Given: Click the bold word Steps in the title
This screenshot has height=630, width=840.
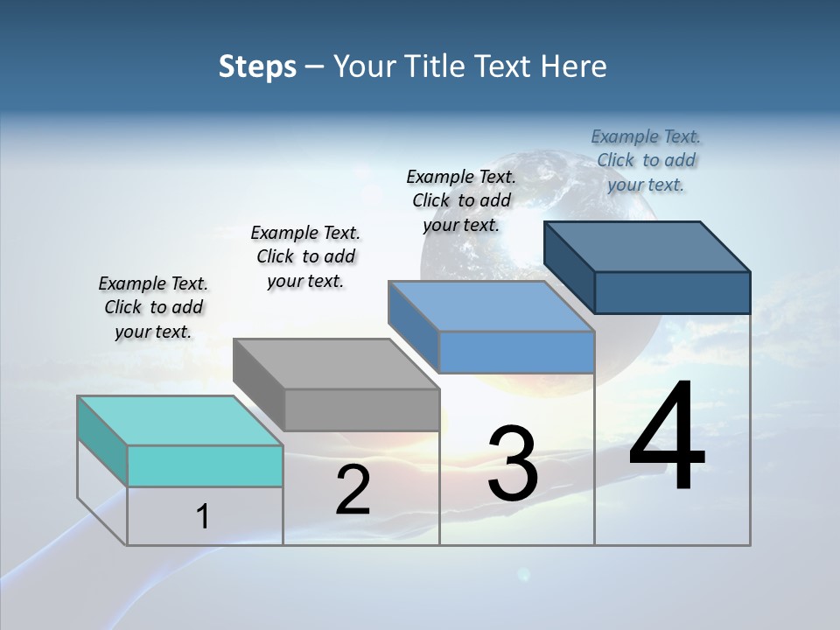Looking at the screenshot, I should coord(257,67).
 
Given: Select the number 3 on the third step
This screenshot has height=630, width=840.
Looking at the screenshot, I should coord(513,464).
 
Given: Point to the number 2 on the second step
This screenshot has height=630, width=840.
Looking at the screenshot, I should coord(353,490).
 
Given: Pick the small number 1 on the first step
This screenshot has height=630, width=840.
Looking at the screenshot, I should coord(202,516).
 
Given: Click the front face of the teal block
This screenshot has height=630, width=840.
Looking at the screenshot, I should coord(205,465).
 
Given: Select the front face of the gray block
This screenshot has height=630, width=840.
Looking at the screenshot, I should coord(361,409).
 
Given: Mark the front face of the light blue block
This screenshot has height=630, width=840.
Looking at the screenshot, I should coord(516,352).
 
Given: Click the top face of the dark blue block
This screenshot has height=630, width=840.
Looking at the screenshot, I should coord(647,246).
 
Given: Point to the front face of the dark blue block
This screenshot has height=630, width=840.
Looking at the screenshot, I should coord(672,292).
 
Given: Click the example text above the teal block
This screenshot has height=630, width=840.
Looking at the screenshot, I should coord(153,307).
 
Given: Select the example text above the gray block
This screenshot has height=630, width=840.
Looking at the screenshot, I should coord(305,256).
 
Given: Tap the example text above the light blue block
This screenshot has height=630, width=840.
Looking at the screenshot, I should coord(461,200).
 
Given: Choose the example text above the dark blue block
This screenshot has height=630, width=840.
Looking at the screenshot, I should coord(646,160).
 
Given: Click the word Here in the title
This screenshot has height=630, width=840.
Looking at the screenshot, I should coord(575,66).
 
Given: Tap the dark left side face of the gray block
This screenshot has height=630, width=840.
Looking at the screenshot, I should coord(259,384).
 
